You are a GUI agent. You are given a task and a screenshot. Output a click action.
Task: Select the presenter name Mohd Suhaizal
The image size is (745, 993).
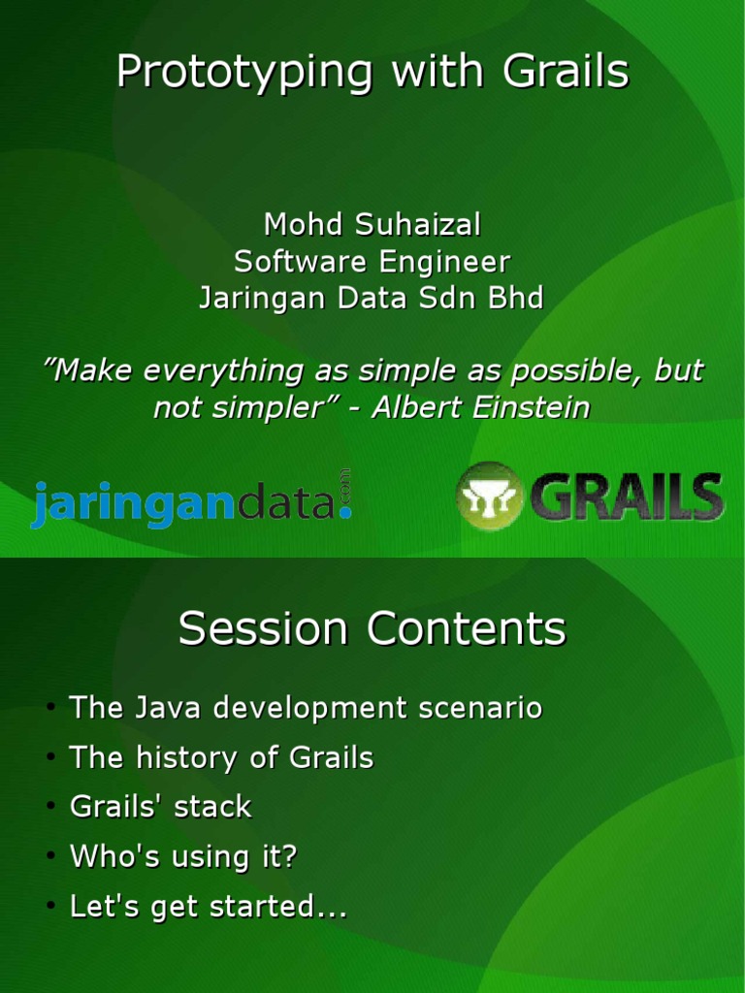click(372, 225)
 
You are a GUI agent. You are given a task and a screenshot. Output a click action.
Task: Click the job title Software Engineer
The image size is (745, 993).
click(372, 262)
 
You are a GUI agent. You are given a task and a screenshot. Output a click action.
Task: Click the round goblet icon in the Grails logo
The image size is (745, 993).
click(489, 496)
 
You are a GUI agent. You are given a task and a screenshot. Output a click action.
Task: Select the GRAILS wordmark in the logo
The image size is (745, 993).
click(626, 496)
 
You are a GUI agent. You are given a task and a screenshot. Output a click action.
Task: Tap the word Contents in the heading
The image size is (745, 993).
click(466, 629)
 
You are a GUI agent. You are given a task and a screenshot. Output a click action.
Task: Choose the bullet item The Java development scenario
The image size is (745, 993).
click(306, 708)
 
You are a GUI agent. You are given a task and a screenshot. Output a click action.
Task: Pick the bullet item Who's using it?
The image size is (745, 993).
click(183, 857)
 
